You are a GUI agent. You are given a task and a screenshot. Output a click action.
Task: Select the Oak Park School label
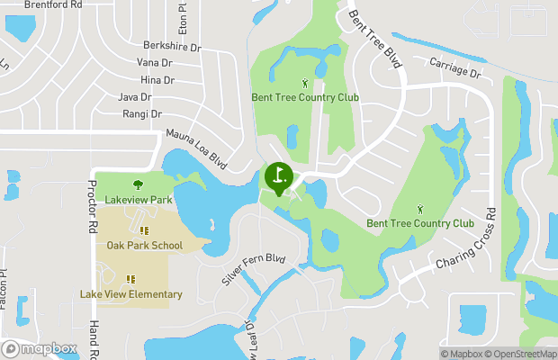[144, 245]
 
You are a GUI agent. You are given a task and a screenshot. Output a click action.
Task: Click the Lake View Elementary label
[130, 294]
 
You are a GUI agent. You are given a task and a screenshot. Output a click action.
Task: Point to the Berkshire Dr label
[172, 45]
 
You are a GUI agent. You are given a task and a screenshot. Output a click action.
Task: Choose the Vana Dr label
[154, 62]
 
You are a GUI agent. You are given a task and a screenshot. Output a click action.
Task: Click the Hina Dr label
[157, 80]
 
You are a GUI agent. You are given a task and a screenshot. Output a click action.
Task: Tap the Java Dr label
[134, 97]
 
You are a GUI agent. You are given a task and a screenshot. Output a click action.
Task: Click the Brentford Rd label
[54, 4]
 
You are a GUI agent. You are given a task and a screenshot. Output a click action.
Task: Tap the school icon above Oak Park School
[144, 230]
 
